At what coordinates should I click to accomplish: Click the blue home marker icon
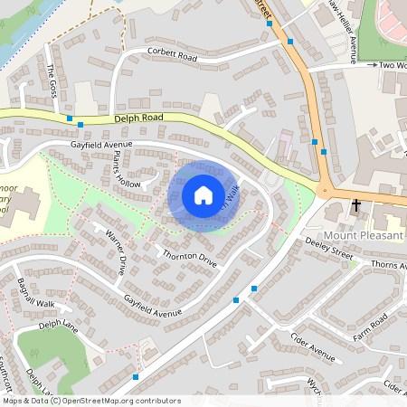click(203, 195)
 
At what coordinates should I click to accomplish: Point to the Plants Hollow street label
click(128, 170)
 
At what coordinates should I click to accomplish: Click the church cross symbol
click(355, 205)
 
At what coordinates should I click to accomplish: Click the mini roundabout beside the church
click(324, 190)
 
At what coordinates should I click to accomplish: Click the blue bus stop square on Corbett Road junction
click(290, 42)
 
